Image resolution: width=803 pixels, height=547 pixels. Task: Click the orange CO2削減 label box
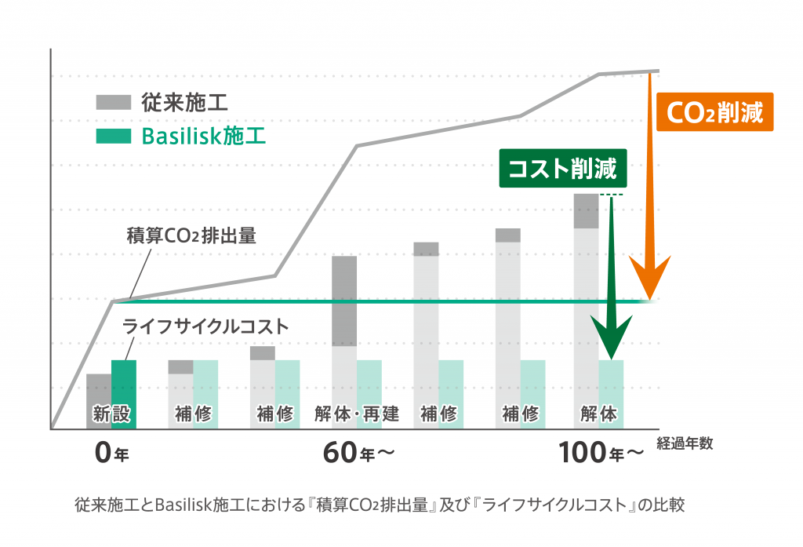click(714, 112)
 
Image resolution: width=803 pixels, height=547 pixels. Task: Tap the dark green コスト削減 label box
click(562, 169)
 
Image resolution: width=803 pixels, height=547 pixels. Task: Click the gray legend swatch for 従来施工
click(113, 102)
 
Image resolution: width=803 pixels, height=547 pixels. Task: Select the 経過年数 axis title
click(685, 443)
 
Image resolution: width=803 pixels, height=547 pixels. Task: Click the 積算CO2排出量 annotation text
click(191, 235)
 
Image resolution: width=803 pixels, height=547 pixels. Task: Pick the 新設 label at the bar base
click(111, 413)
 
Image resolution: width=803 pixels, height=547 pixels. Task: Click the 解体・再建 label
click(357, 413)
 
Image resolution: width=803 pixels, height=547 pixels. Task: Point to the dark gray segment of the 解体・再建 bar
click(344, 301)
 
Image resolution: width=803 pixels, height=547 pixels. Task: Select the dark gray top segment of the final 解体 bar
click(586, 210)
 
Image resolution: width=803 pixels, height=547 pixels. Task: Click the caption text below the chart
click(380, 504)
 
